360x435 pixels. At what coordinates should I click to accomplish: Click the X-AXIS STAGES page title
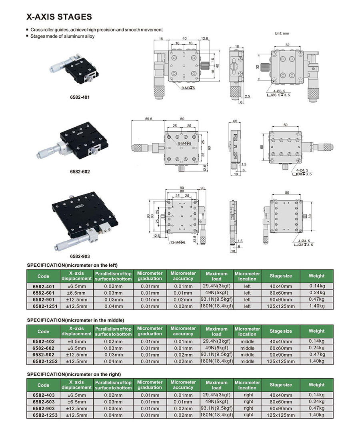(x=59, y=17)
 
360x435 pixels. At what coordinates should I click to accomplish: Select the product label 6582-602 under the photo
(x=80, y=172)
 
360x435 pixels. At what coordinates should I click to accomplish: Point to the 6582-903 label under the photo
(x=80, y=256)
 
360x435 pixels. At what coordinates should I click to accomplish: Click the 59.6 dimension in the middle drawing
(x=148, y=119)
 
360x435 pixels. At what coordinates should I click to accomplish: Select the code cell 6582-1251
(x=43, y=306)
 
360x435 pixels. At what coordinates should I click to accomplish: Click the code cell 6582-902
(x=43, y=355)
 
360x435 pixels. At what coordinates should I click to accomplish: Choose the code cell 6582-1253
(x=43, y=415)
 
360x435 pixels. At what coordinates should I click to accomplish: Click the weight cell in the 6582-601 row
(x=316, y=293)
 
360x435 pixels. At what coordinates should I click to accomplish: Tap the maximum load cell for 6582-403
(x=216, y=395)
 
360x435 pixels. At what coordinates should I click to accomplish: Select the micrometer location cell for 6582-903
(x=248, y=409)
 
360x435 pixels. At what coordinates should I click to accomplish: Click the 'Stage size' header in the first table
(x=281, y=276)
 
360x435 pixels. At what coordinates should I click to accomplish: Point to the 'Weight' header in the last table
(x=316, y=385)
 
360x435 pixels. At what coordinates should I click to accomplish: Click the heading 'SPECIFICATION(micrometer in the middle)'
(x=75, y=320)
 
